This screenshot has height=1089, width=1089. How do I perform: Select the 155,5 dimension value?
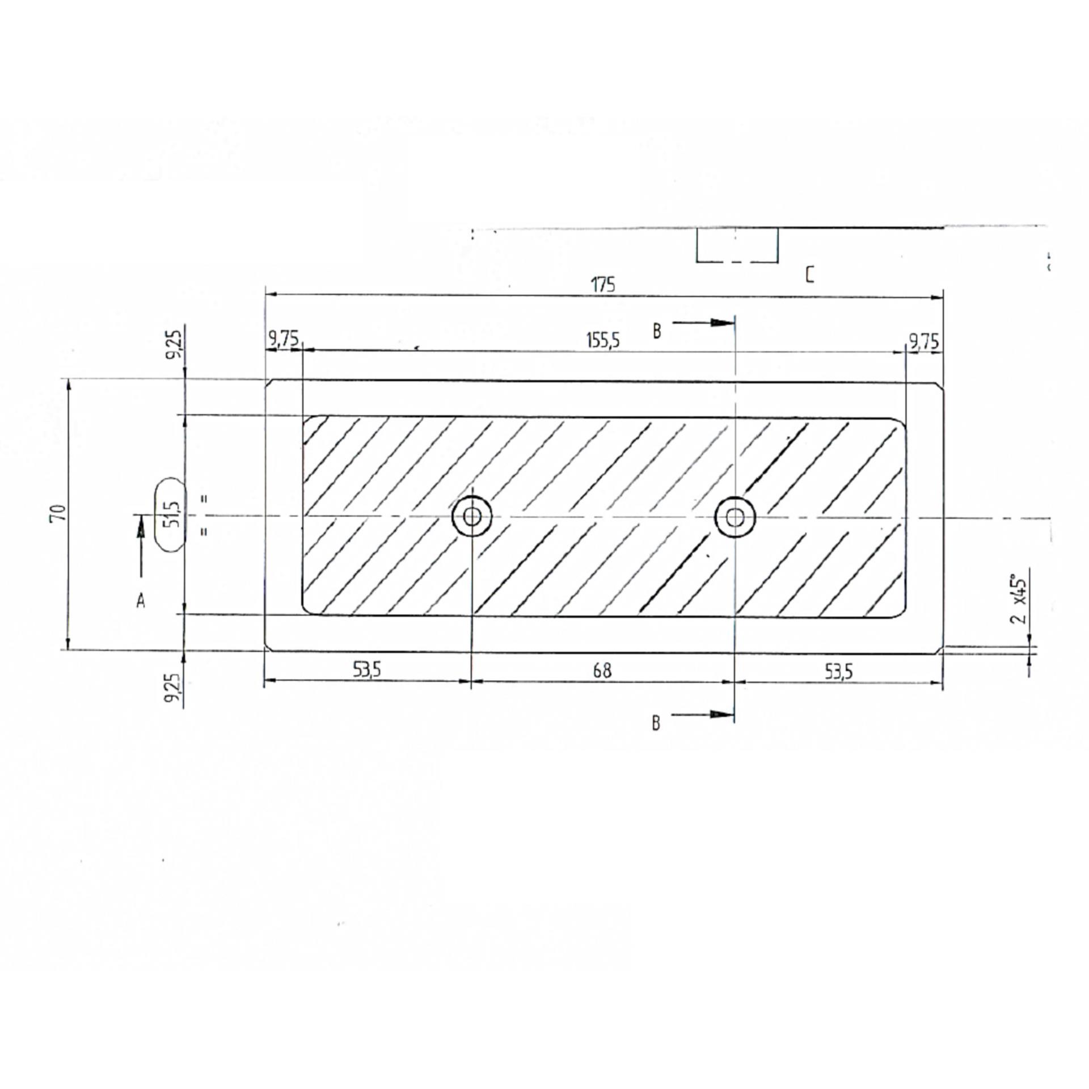tap(602, 341)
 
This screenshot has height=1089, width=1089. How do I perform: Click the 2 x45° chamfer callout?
tap(1019, 600)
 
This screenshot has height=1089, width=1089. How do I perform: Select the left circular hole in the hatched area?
tap(471, 516)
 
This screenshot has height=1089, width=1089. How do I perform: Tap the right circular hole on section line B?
tap(735, 517)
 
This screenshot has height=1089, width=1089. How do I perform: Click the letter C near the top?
tap(810, 276)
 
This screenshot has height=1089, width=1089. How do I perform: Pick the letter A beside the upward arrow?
tap(141, 601)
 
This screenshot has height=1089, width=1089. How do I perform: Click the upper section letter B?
tap(657, 331)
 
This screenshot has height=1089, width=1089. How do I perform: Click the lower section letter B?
tap(656, 723)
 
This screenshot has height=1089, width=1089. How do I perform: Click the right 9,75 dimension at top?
tap(924, 341)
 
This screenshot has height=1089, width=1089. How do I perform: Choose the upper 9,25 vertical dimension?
tap(175, 344)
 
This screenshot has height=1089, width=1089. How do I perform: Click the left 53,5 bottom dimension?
tap(367, 670)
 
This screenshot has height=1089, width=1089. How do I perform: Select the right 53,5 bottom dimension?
tap(838, 672)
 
